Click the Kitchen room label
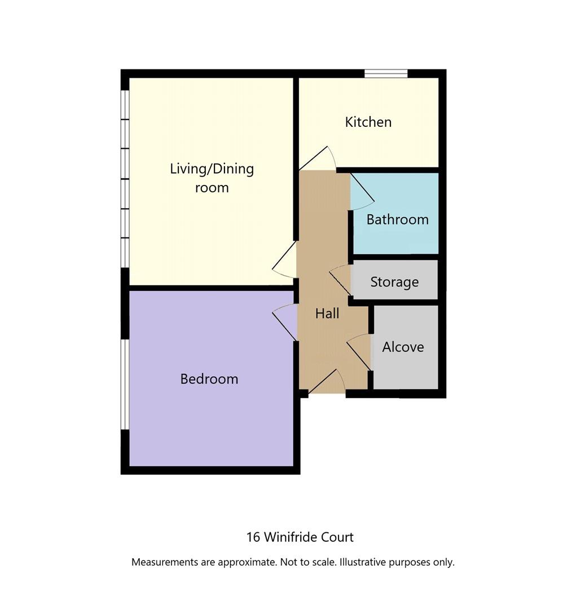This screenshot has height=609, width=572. click(368, 122)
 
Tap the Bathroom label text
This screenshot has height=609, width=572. click(397, 219)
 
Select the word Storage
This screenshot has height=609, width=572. click(394, 281)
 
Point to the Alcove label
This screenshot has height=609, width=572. click(403, 347)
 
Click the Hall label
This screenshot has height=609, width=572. click(327, 314)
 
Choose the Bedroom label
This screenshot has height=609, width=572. click(209, 379)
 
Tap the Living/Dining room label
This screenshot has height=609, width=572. click(212, 178)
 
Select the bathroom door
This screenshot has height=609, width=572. click(362, 192)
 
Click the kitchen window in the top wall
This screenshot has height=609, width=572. click(386, 73)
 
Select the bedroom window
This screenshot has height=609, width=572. click(125, 385)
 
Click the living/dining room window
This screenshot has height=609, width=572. click(125, 179)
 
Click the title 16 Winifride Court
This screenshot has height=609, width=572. click(300, 537)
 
